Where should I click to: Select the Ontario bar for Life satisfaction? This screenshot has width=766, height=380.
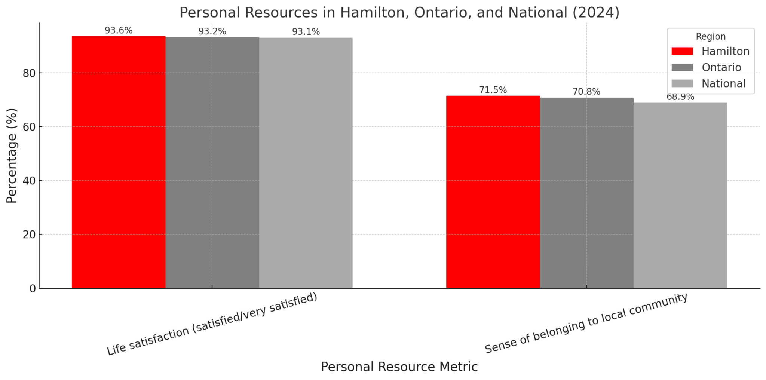coord(212,163)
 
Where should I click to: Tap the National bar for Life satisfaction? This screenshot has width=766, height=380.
coord(306,163)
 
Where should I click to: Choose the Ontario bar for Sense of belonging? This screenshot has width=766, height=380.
coord(586,193)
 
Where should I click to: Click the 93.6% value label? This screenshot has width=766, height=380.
coord(119,31)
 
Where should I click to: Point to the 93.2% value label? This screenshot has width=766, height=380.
coord(212,32)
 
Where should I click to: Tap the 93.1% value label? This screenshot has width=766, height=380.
coord(306,32)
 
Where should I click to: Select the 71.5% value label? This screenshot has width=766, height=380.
coord(493,90)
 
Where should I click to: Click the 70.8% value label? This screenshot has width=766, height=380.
coord(586,92)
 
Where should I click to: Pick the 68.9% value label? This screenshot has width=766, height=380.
coord(680,97)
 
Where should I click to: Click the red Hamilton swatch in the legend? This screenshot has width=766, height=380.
coord(682,51)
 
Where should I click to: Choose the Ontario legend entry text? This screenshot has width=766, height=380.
coord(721,67)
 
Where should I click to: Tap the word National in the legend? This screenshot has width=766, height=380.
coord(723,83)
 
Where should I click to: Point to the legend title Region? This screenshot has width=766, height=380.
coord(710,37)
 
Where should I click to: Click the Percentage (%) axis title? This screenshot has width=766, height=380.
coord(12,156)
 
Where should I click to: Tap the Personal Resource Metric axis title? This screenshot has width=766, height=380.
coord(399,367)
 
